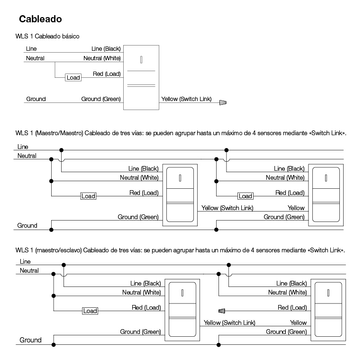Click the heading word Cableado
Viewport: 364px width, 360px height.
[x=40, y=19]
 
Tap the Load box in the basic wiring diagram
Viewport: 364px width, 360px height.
[x=73, y=78]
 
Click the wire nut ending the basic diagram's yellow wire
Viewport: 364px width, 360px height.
[x=223, y=102]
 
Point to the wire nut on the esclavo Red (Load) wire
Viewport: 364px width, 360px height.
[x=222, y=311]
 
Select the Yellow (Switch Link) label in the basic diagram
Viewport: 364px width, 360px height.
[x=186, y=99]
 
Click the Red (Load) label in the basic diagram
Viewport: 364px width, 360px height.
[x=107, y=74]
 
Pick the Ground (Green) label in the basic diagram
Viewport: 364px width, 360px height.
[x=101, y=99]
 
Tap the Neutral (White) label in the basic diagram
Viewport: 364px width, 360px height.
[x=102, y=58]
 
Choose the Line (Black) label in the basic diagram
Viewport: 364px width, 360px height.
[x=106, y=48]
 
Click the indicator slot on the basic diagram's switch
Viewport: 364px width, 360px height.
[x=141, y=60]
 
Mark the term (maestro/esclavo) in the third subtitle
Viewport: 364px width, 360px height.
[x=58, y=250]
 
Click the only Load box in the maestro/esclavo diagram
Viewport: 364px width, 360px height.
[x=91, y=311]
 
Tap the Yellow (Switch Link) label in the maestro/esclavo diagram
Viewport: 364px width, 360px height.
[x=229, y=323]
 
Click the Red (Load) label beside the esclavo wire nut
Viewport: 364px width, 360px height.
[x=292, y=307]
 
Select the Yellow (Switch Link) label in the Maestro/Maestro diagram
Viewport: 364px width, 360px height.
[x=227, y=208]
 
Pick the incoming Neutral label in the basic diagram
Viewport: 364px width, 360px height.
[x=35, y=58]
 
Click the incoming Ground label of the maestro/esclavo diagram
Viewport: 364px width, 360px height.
[x=30, y=340]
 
